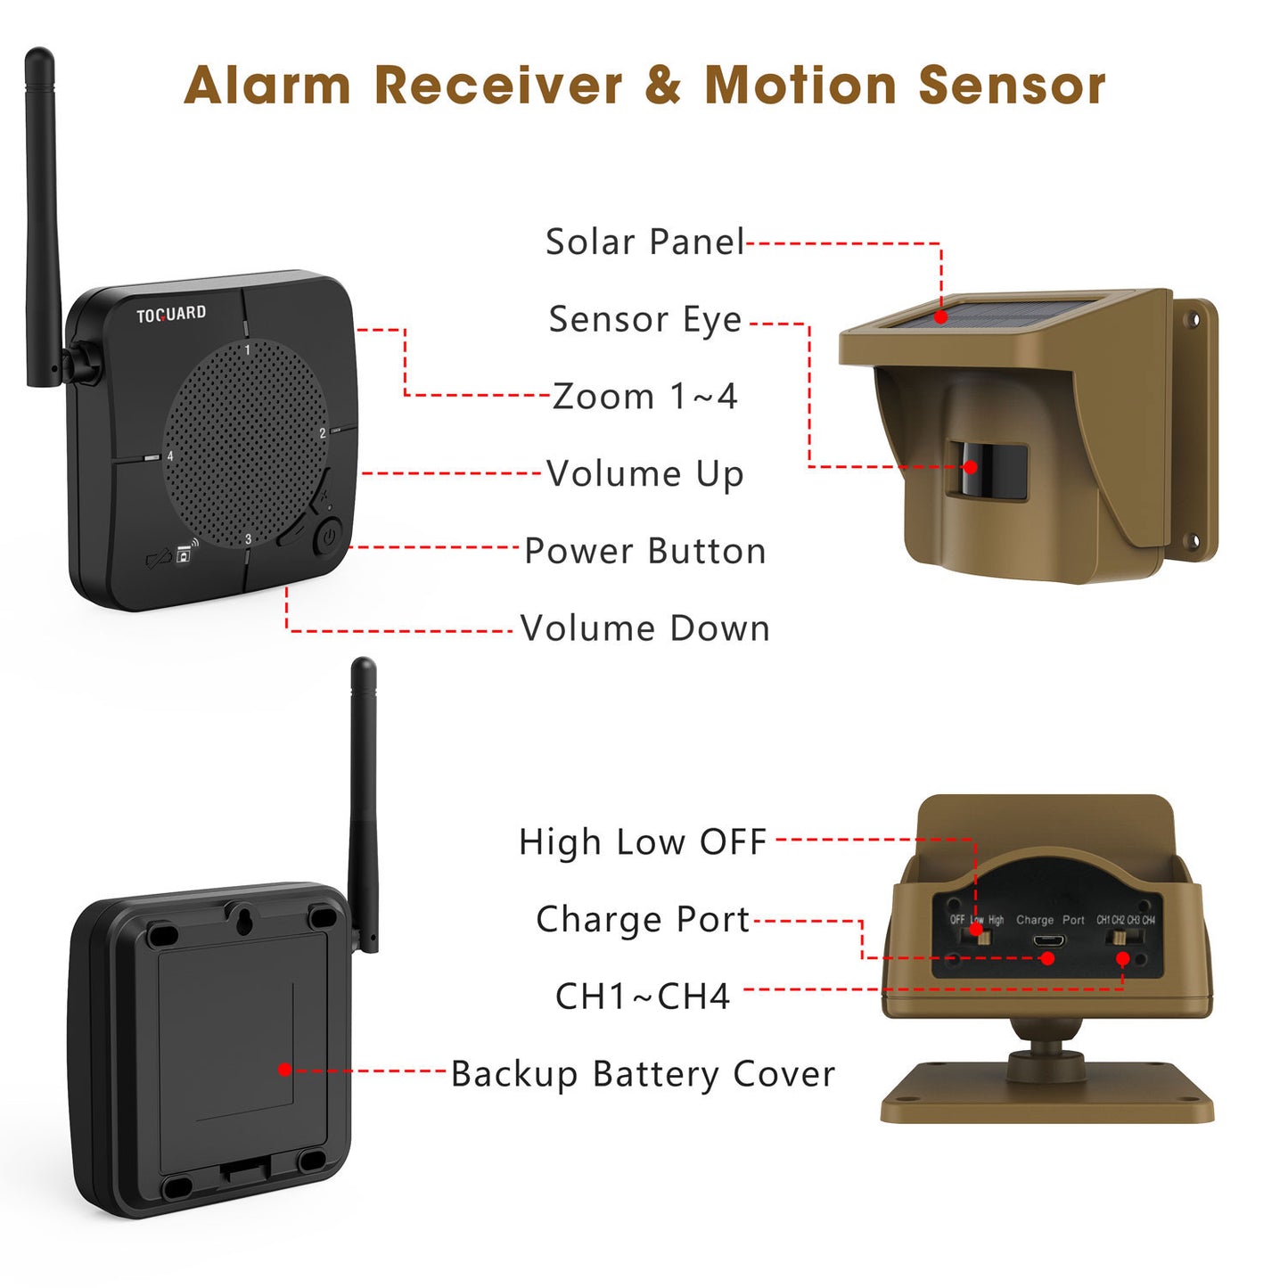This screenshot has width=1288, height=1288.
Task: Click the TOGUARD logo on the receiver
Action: (170, 314)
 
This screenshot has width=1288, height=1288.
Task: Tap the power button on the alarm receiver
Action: (328, 537)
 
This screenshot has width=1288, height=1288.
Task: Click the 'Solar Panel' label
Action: (644, 242)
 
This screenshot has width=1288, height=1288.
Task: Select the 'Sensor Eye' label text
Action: (644, 319)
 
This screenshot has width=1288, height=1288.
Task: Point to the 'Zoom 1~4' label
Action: (644, 397)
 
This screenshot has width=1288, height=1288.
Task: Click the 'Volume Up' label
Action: (644, 474)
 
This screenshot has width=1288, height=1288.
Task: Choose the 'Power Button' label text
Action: (644, 551)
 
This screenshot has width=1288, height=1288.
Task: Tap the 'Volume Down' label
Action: (644, 628)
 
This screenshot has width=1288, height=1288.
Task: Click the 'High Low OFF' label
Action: (642, 841)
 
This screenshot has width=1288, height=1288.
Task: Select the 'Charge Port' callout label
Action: (642, 919)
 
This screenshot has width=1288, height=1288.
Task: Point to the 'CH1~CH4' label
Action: (642, 997)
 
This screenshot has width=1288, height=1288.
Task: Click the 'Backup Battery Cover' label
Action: (642, 1074)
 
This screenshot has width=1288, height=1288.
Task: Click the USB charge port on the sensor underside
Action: (1047, 940)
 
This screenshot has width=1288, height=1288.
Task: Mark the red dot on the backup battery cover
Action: (284, 1070)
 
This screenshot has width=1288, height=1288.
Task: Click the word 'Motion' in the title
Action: (800, 86)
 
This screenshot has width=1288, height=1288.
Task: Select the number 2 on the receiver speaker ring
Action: (323, 434)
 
